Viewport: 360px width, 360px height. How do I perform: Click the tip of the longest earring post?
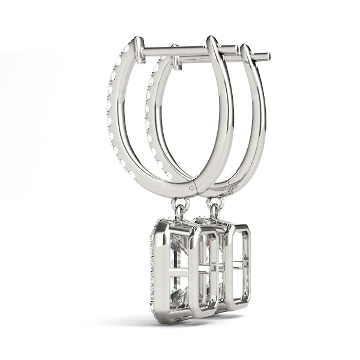(268, 57)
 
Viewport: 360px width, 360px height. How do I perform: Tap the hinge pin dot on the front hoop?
(191, 187)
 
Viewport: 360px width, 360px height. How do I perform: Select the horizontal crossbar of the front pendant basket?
(180, 270)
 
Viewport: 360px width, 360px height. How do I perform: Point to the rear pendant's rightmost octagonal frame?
(239, 264)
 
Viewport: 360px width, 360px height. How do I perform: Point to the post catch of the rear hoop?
(175, 60)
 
